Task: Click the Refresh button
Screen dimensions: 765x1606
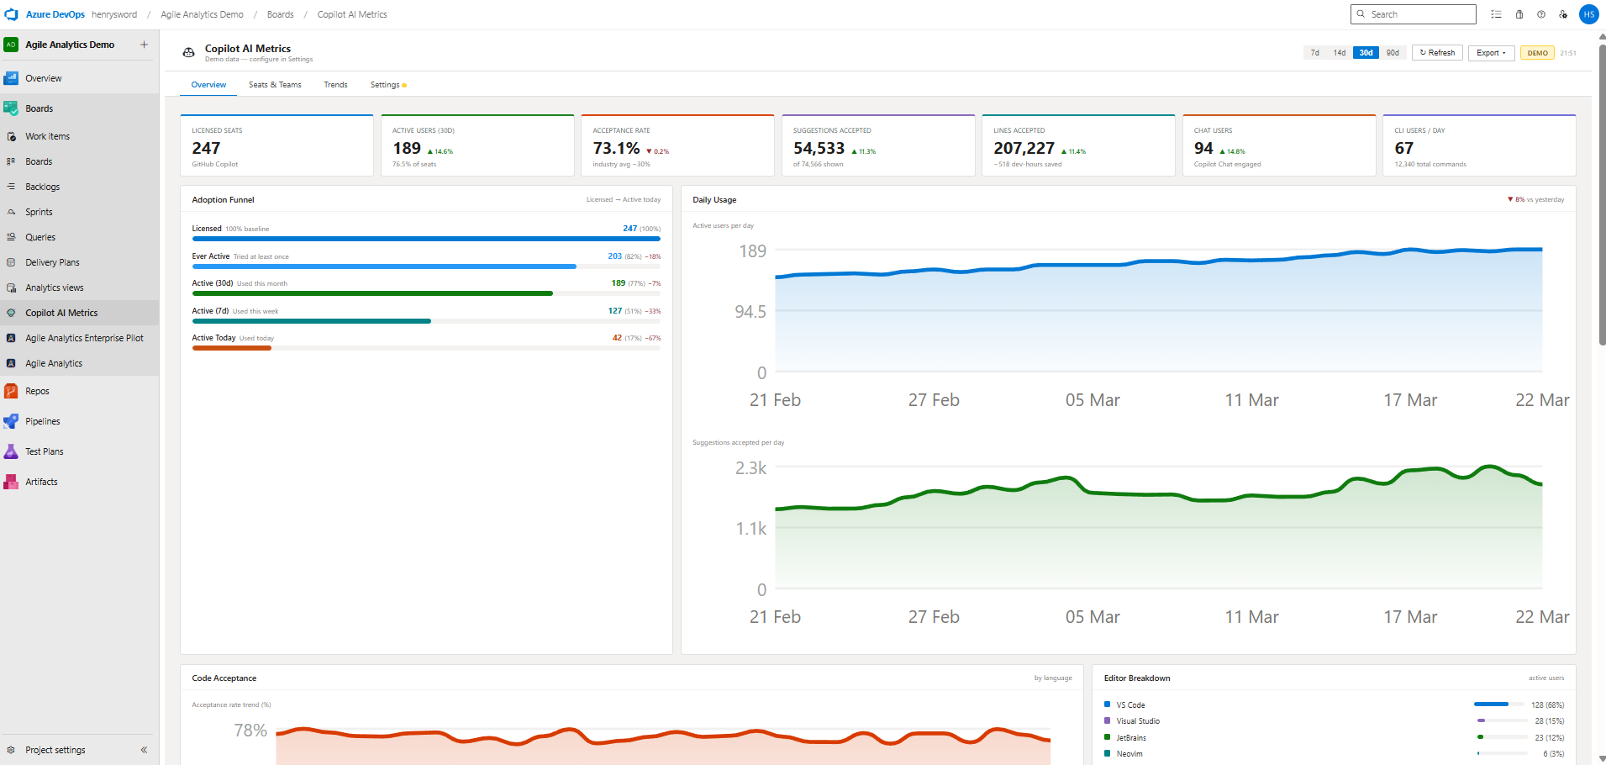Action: click(x=1437, y=53)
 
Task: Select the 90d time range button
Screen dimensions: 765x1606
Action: click(x=1393, y=53)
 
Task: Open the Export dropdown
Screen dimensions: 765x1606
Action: click(x=1491, y=53)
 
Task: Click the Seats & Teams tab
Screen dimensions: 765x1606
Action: click(x=275, y=85)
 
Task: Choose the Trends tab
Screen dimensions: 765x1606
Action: click(x=335, y=85)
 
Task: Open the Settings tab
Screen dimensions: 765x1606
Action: click(x=386, y=85)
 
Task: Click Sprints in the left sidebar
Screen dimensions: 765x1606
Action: click(x=39, y=212)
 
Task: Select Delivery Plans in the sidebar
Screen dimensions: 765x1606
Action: click(x=52, y=262)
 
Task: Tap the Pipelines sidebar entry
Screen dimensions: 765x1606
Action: click(x=42, y=421)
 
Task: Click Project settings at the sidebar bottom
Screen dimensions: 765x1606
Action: click(x=55, y=750)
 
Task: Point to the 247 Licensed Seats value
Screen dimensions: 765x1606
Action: click(x=206, y=148)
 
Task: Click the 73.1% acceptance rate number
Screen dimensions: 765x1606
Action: click(x=616, y=148)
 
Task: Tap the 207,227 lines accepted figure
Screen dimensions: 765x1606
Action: click(x=1024, y=148)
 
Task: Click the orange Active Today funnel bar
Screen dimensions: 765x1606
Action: click(x=232, y=348)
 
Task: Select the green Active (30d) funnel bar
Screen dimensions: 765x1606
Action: click(x=372, y=293)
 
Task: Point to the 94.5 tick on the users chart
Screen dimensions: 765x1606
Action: click(x=750, y=312)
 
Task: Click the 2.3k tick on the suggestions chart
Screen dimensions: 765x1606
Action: click(x=750, y=468)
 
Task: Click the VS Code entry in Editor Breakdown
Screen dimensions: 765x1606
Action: click(x=1130, y=705)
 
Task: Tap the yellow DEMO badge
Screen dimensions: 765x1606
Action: click(x=1537, y=53)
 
